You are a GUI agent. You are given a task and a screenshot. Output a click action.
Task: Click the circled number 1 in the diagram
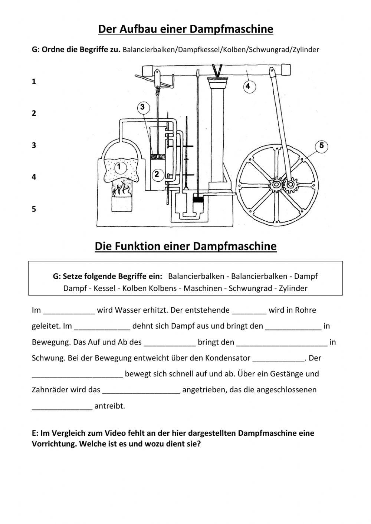pyautogui.click(x=119, y=167)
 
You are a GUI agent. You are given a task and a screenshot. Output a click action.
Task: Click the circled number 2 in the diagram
pyautogui.click(x=157, y=174)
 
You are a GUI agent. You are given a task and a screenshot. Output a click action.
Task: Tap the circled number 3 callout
pyautogui.click(x=142, y=108)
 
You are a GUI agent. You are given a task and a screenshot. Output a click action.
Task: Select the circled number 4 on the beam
pyautogui.click(x=248, y=86)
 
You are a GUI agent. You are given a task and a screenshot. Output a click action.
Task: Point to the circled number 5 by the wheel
pyautogui.click(x=322, y=146)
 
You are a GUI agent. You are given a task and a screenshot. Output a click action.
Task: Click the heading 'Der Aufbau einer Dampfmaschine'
pyautogui.click(x=185, y=29)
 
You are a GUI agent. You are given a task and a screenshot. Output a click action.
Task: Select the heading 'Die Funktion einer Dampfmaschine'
pyautogui.click(x=185, y=246)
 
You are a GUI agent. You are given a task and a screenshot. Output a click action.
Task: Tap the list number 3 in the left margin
pyautogui.click(x=34, y=145)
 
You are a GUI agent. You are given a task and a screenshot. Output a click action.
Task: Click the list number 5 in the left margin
pyautogui.click(x=34, y=209)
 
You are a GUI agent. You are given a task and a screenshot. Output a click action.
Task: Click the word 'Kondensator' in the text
pyautogui.click(x=229, y=358)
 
